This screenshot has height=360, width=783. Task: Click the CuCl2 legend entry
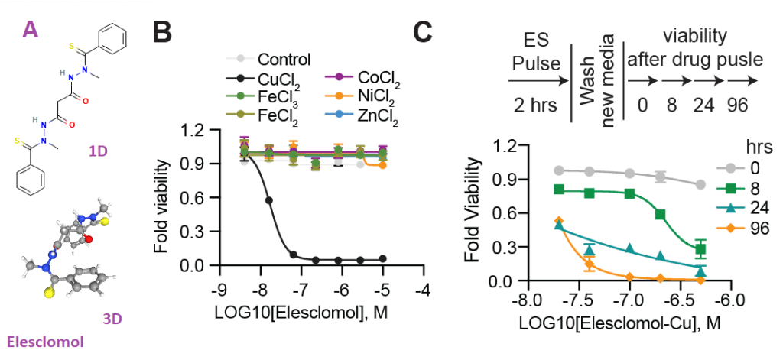click(x=271, y=77)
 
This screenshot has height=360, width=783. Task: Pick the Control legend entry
click(x=269, y=60)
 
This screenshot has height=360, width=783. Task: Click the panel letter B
click(x=162, y=35)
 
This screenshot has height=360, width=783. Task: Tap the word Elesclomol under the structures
click(x=45, y=342)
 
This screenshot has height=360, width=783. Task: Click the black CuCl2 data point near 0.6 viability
click(x=268, y=200)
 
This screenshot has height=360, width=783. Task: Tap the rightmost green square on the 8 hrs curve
click(x=701, y=248)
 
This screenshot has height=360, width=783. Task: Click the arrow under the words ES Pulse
click(x=538, y=80)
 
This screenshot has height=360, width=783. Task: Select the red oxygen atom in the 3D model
click(x=89, y=239)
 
